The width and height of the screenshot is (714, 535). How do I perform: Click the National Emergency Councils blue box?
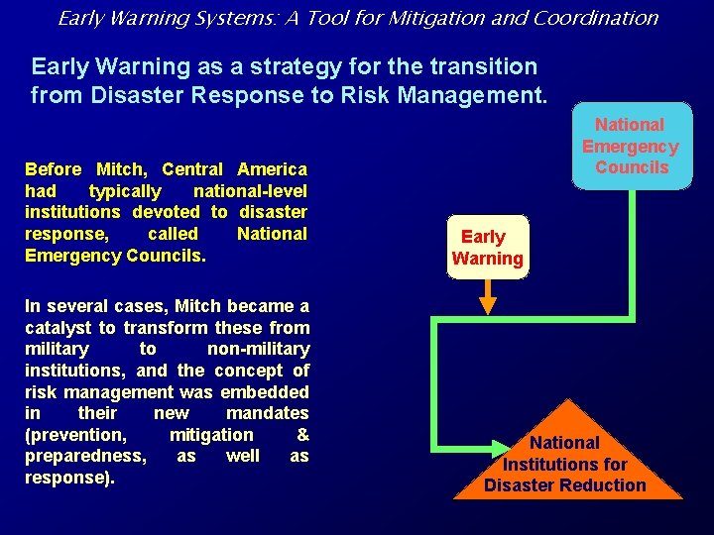tap(630, 146)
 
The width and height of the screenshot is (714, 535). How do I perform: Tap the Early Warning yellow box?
tap(488, 248)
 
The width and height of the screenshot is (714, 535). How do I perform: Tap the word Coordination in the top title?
tap(602, 18)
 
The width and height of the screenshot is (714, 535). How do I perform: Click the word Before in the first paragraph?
tap(54, 169)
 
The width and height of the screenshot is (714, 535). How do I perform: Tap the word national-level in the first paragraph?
tap(250, 191)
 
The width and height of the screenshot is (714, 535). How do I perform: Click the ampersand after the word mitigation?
tap(302, 434)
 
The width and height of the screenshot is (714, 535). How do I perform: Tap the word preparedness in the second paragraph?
tap(84, 456)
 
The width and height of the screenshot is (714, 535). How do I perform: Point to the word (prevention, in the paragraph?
tap(75, 434)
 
